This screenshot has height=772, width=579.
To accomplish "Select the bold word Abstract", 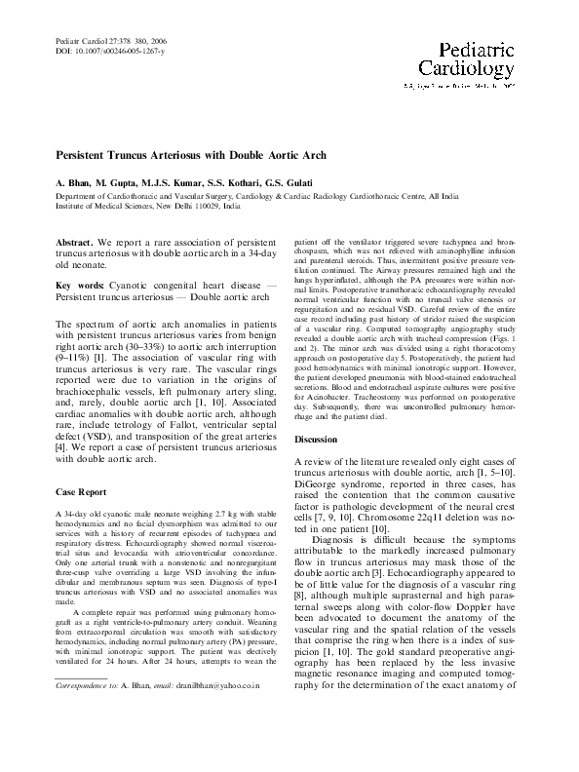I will coord(74,240).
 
